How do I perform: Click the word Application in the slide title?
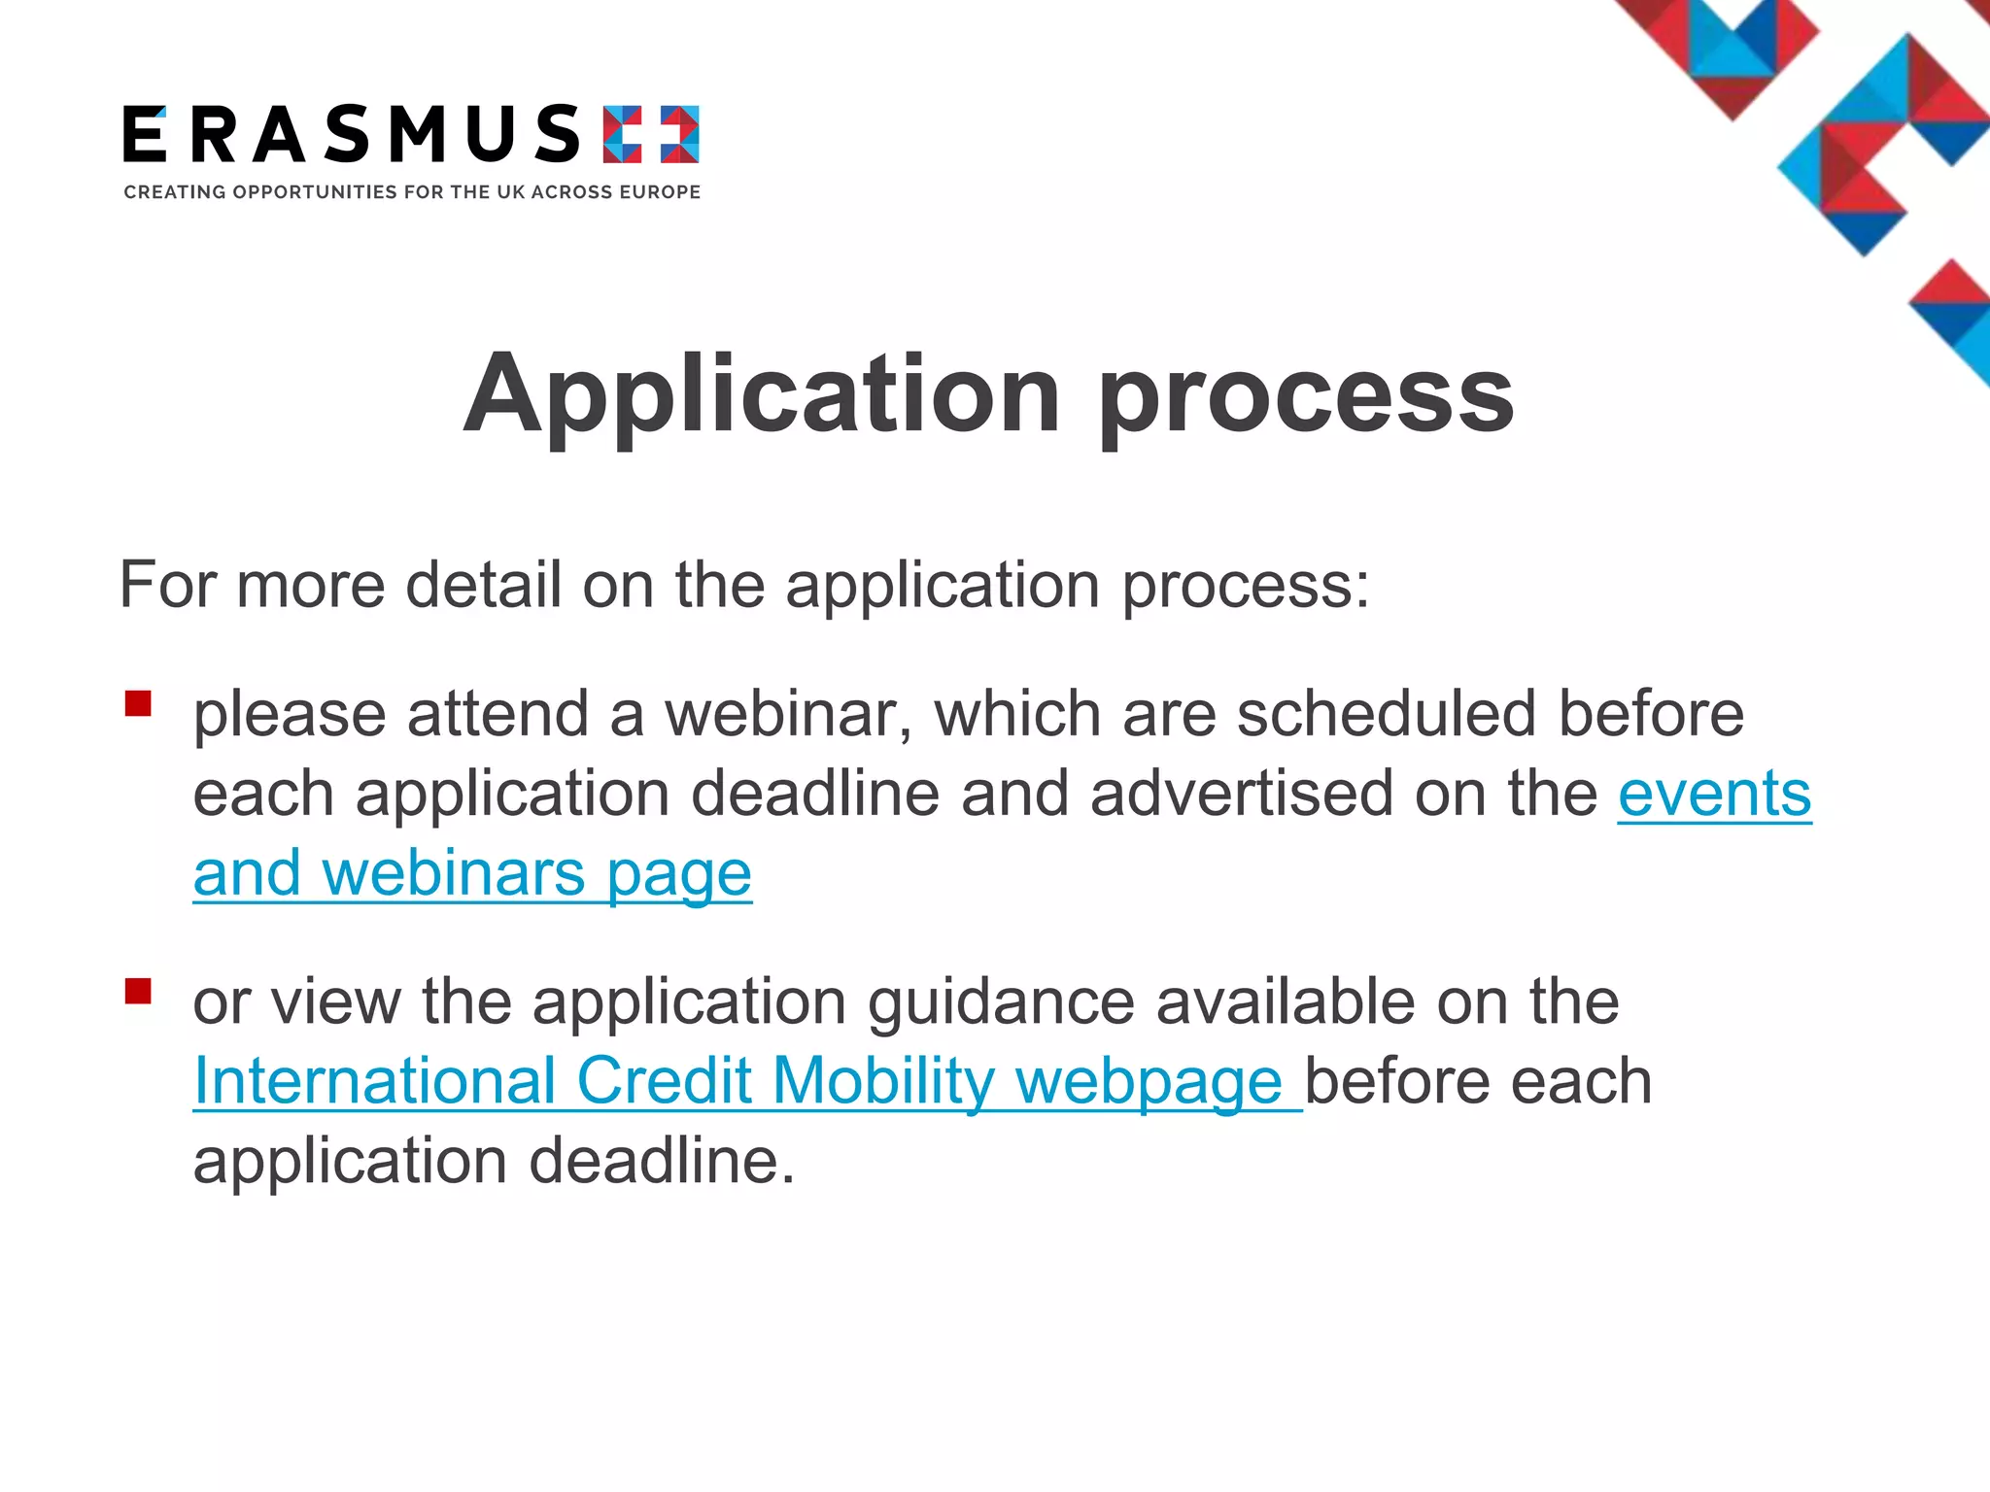pos(762,393)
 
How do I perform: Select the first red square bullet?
pos(138,703)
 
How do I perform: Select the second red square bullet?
pos(138,991)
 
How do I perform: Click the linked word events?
pos(1714,793)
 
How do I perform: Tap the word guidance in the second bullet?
pos(1001,1002)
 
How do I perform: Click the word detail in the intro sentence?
pos(483,585)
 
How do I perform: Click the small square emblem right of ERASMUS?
pos(650,134)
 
